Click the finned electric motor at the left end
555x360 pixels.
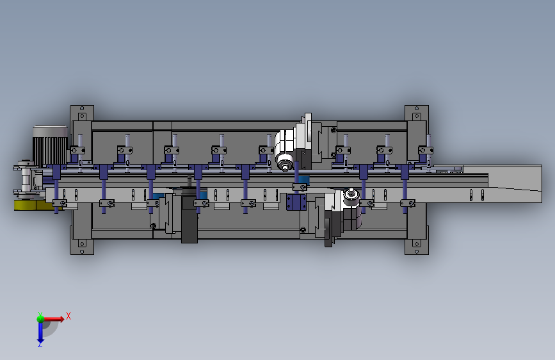[x=51, y=146]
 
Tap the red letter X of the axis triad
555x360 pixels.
[x=68, y=316]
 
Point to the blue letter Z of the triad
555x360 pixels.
[x=40, y=344]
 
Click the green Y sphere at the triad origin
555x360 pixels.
[x=40, y=318]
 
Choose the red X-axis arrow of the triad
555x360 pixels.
[x=54, y=319]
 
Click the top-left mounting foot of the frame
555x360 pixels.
[x=82, y=113]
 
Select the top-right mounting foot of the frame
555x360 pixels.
[x=417, y=113]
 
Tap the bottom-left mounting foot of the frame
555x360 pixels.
[x=82, y=247]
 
